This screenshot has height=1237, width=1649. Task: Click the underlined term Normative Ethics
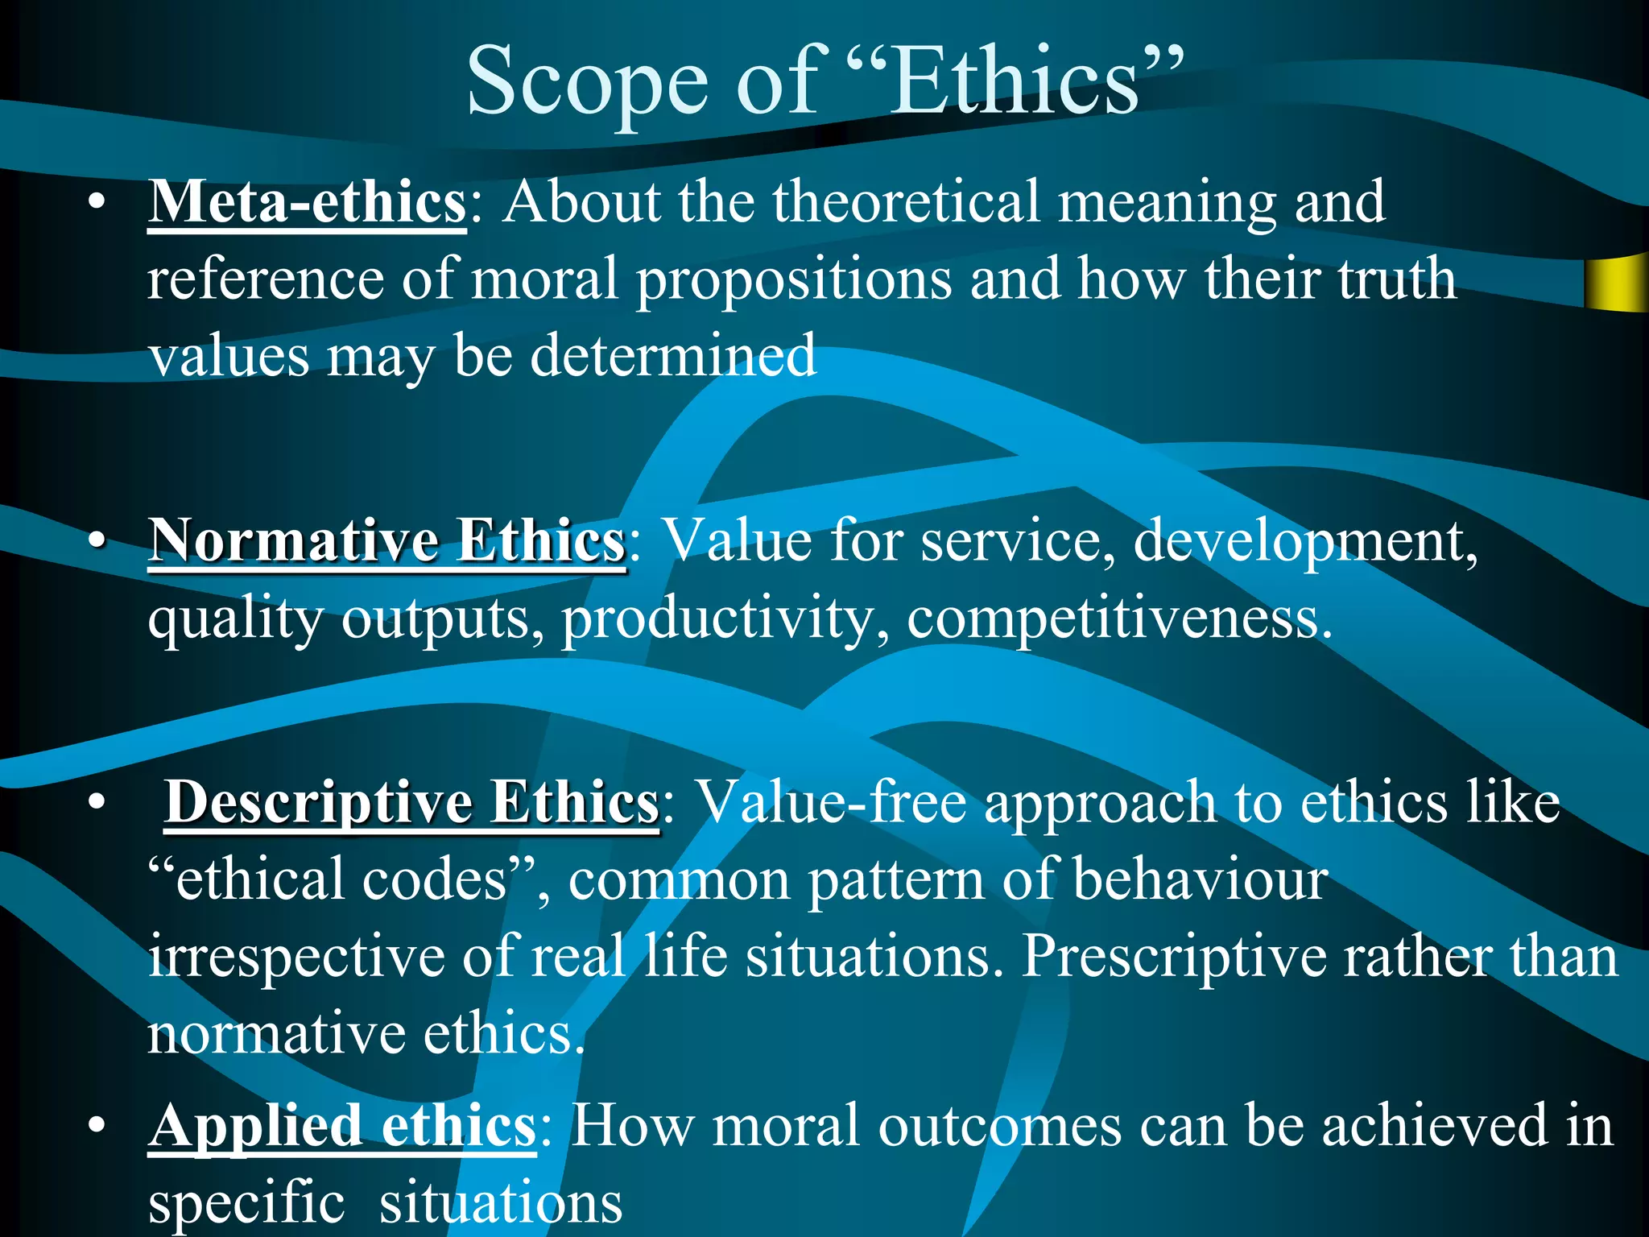pos(386,541)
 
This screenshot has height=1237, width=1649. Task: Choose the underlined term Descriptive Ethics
pos(411,802)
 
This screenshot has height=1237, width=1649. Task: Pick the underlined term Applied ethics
pos(342,1126)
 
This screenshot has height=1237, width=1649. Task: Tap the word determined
pos(673,356)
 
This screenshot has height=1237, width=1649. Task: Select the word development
pos(1304,541)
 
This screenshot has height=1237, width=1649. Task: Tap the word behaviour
pos(1200,879)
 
